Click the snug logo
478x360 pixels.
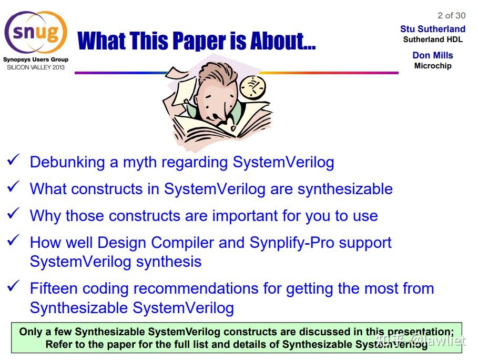click(x=36, y=33)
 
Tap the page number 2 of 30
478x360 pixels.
click(x=452, y=15)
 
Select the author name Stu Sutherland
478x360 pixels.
click(x=433, y=28)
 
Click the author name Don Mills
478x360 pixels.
click(x=433, y=55)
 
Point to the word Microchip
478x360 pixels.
click(x=433, y=66)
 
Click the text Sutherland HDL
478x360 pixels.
click(x=433, y=39)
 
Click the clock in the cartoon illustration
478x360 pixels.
click(x=252, y=87)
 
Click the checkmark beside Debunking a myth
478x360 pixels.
click(x=14, y=159)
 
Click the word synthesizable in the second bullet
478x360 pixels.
click(x=345, y=189)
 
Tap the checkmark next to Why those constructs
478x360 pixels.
click(x=14, y=213)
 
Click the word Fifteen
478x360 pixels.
click(x=53, y=288)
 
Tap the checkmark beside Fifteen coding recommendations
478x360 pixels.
click(x=14, y=286)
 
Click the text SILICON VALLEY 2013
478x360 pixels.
click(x=36, y=67)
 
